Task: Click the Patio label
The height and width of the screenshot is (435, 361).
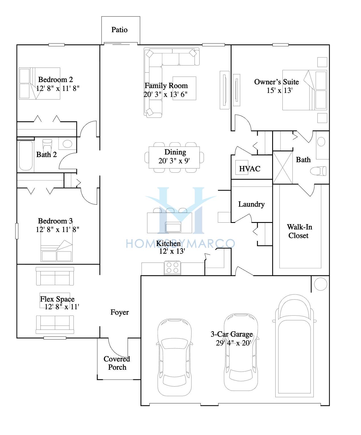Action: point(119,30)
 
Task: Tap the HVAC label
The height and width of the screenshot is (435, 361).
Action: point(250,169)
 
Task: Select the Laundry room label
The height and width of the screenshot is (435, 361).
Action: point(251,204)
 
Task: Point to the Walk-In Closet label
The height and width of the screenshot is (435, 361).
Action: point(299,231)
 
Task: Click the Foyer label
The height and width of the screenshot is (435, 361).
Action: point(120,312)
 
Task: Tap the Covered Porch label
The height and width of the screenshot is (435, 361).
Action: point(117,363)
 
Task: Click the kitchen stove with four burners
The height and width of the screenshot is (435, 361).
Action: point(173,268)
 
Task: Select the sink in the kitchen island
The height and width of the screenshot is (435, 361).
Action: point(173,227)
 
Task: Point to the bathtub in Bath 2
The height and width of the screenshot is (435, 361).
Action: point(26,155)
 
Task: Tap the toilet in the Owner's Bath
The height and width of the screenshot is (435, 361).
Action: point(318,171)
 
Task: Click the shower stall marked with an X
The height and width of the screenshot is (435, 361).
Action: point(283,168)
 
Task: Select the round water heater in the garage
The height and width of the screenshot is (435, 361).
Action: point(320,284)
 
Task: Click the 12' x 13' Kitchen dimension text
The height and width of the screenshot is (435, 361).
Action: point(172,251)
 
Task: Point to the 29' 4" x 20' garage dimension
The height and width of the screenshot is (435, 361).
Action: point(233,343)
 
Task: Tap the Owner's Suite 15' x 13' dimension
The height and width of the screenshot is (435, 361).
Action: point(280,91)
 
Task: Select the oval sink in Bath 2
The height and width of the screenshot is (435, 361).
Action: point(67,144)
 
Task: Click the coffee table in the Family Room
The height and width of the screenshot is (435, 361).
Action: point(184,88)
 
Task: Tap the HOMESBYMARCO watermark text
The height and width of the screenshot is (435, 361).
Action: point(180,243)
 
